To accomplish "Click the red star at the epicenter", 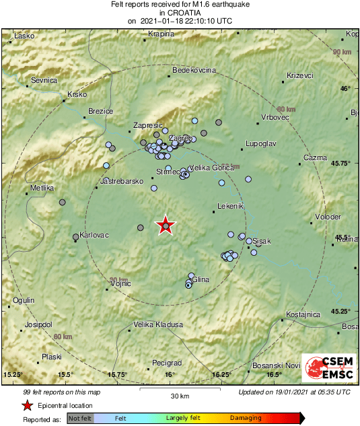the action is tap(166, 226).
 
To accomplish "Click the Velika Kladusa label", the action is tap(158, 324).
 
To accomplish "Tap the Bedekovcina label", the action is tap(194, 70).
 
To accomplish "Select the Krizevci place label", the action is tap(301, 75).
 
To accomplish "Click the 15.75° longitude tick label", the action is tap(117, 374).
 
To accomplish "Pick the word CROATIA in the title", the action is tap(180, 12).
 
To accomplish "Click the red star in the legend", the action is tap(27, 405).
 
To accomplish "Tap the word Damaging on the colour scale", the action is tap(246, 418).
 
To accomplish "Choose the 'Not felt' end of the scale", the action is tap(80, 418).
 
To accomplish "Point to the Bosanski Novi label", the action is tap(276, 365).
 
